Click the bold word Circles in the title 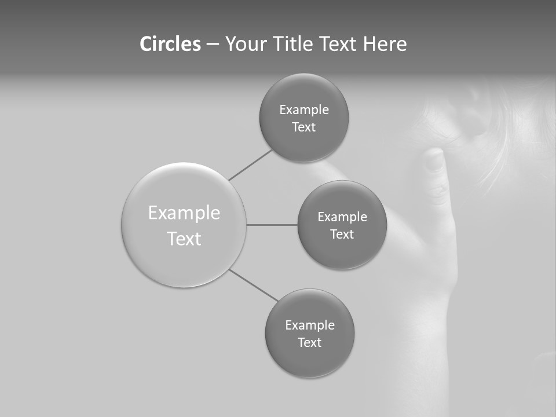(x=170, y=44)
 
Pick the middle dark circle (x=342, y=249)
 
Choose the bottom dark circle (x=309, y=359)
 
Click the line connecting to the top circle (x=250, y=165)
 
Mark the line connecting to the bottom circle (x=254, y=286)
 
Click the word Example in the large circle (x=184, y=213)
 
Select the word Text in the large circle (x=184, y=239)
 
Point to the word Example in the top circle (x=303, y=110)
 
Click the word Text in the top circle (x=303, y=127)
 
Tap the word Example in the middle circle (x=342, y=217)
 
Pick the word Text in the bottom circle (x=309, y=343)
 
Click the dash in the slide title (x=213, y=44)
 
